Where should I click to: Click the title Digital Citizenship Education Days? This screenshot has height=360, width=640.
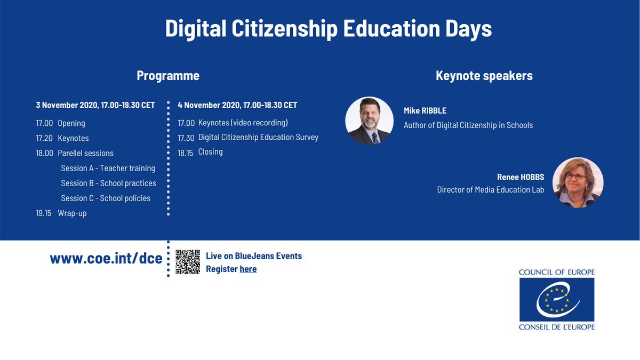[x=328, y=29]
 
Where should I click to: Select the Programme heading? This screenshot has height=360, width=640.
[x=168, y=76]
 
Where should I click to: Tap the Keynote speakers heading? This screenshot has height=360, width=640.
[x=484, y=76]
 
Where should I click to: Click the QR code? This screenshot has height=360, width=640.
[x=188, y=262]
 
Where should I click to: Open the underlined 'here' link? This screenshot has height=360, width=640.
[x=248, y=269]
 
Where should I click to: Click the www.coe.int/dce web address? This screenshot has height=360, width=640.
[x=106, y=259]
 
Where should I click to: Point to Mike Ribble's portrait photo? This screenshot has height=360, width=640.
[x=369, y=121]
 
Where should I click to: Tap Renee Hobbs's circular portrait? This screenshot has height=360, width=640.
[x=578, y=182]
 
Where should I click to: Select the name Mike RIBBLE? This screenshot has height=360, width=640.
[x=425, y=111]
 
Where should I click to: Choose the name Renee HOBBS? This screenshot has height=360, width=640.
[x=521, y=177]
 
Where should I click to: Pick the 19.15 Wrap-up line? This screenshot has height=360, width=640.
[x=61, y=213]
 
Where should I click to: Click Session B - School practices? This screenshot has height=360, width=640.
[x=108, y=183]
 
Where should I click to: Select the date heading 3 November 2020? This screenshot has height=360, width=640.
[x=95, y=105]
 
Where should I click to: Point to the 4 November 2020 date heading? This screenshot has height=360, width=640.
[x=237, y=105]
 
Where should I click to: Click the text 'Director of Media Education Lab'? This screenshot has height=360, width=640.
[x=491, y=189]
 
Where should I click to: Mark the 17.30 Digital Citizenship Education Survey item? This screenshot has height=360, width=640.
[x=248, y=137]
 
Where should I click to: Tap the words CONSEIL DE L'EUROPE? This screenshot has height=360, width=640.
[x=556, y=326]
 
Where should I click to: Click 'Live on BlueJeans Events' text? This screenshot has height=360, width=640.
[x=254, y=256]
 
